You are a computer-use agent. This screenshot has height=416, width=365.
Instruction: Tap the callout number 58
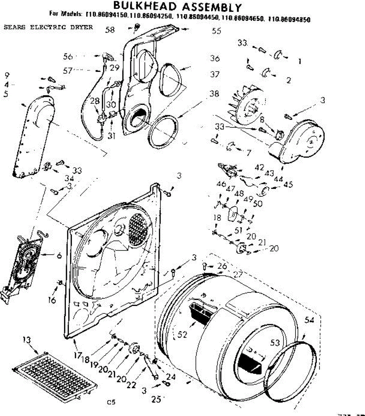pos(110,29)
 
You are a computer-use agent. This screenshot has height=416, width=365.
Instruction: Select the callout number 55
pos(217,31)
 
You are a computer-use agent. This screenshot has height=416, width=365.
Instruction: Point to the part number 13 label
pos(27,340)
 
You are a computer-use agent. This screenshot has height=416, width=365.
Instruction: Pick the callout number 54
pos(309,320)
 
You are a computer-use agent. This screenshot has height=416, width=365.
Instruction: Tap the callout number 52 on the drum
pos(182,334)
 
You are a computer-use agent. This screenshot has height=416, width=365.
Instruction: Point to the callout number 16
pos(52,300)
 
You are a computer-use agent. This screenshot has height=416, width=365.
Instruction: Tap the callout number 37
pos(215,74)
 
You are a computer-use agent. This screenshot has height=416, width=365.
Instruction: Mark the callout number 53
pos(275,343)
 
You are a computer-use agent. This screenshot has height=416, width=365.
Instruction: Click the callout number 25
pos(156,399)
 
